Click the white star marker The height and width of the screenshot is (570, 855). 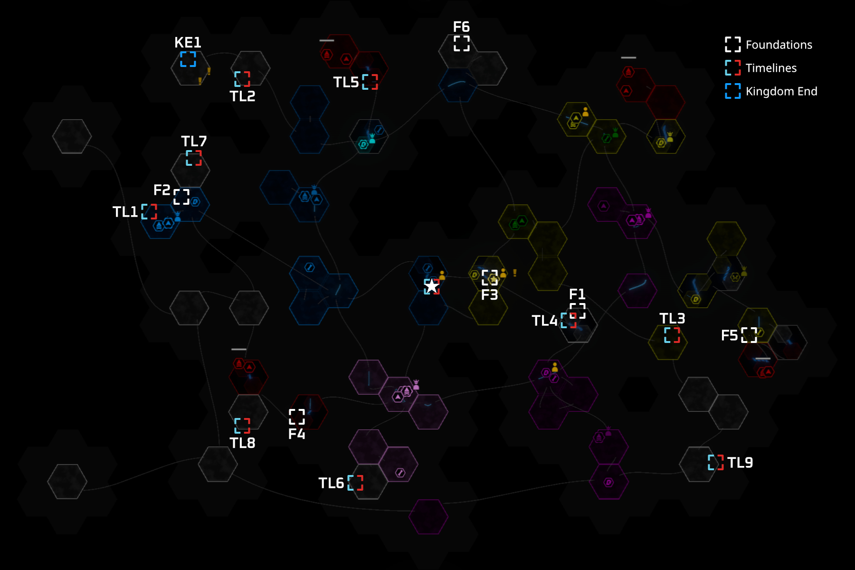pyautogui.click(x=431, y=286)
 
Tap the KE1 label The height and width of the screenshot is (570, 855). pyautogui.click(x=188, y=43)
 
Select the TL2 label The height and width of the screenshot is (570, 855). pyautogui.click(x=242, y=96)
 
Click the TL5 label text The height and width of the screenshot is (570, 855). pyautogui.click(x=346, y=82)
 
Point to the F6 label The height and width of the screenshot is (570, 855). pyautogui.click(x=461, y=27)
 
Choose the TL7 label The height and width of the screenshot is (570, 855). pyautogui.click(x=194, y=142)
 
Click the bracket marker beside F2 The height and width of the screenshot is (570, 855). pyautogui.click(x=181, y=197)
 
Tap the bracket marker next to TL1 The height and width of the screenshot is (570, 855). pyautogui.click(x=149, y=212)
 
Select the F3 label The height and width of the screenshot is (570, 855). pyautogui.click(x=489, y=295)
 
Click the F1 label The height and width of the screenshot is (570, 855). pyautogui.click(x=577, y=294)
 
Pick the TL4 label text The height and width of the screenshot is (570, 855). pyautogui.click(x=544, y=321)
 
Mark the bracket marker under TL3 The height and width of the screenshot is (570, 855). pyautogui.click(x=672, y=335)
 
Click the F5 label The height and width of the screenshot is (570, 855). pyautogui.click(x=729, y=335)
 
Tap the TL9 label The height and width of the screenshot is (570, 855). pyautogui.click(x=740, y=463)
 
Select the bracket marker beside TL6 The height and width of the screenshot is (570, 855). pyautogui.click(x=355, y=483)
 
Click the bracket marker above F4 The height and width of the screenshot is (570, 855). pyautogui.click(x=297, y=417)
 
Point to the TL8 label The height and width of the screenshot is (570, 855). pyautogui.click(x=242, y=443)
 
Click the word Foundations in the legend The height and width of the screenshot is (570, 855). pyautogui.click(x=779, y=45)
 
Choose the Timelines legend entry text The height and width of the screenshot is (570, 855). pyautogui.click(x=771, y=68)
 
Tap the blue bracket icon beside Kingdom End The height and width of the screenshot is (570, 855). pyautogui.click(x=732, y=91)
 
